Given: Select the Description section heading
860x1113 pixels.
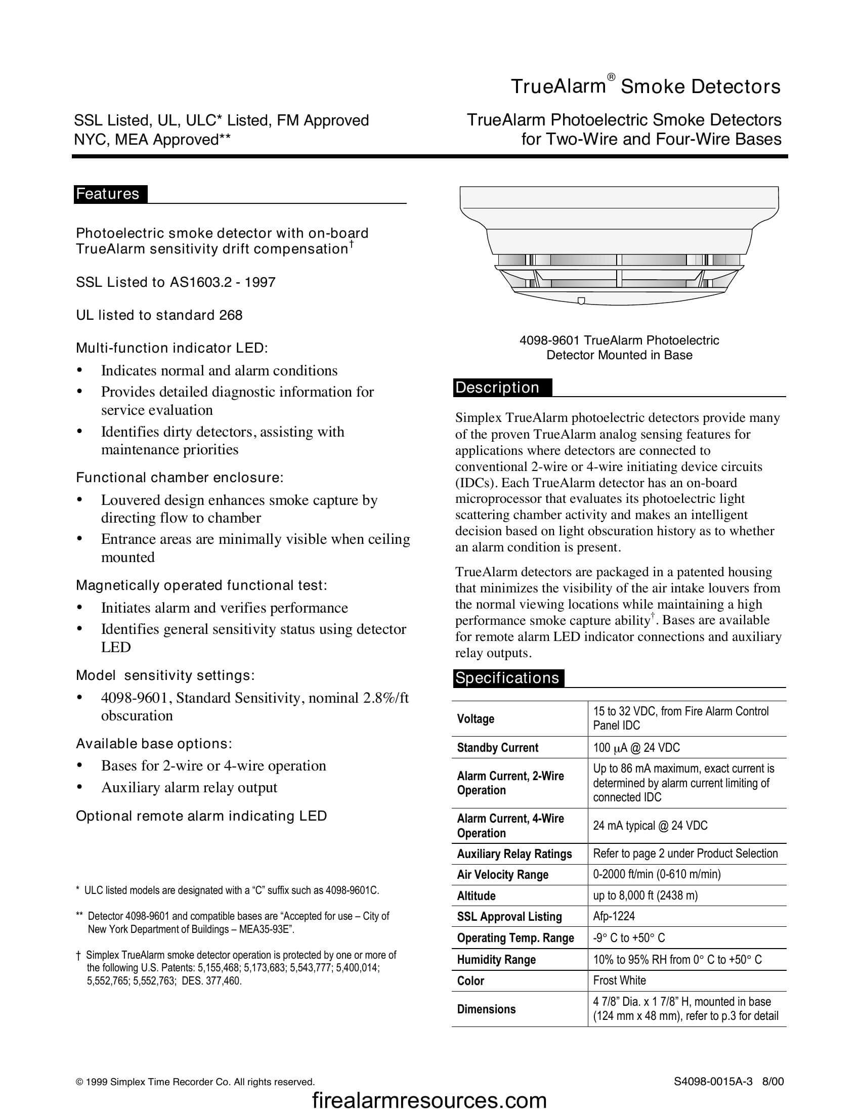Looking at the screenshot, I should tap(497, 388).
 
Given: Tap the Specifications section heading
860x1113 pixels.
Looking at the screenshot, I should tap(507, 678).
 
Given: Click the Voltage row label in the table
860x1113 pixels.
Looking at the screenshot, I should tap(476, 719).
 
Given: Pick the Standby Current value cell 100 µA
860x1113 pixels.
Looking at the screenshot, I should tap(636, 748).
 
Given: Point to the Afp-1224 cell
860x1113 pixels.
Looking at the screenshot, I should tap(614, 916).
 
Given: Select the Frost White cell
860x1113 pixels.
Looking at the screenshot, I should tap(620, 980).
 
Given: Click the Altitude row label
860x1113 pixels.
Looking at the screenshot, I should tap(476, 896).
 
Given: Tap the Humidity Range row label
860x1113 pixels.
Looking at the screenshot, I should tap(496, 960).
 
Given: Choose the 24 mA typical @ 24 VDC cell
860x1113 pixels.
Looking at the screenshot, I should tap(650, 826).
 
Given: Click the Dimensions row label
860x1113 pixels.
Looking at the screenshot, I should tap(486, 1009).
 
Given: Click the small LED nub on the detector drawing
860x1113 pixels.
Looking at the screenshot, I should tap(581, 300).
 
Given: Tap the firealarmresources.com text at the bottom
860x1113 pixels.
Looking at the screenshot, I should tap(429, 1100).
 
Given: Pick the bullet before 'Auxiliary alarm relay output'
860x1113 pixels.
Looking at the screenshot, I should tap(79, 788).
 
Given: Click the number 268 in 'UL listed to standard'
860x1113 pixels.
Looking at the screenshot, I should tap(230, 316).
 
